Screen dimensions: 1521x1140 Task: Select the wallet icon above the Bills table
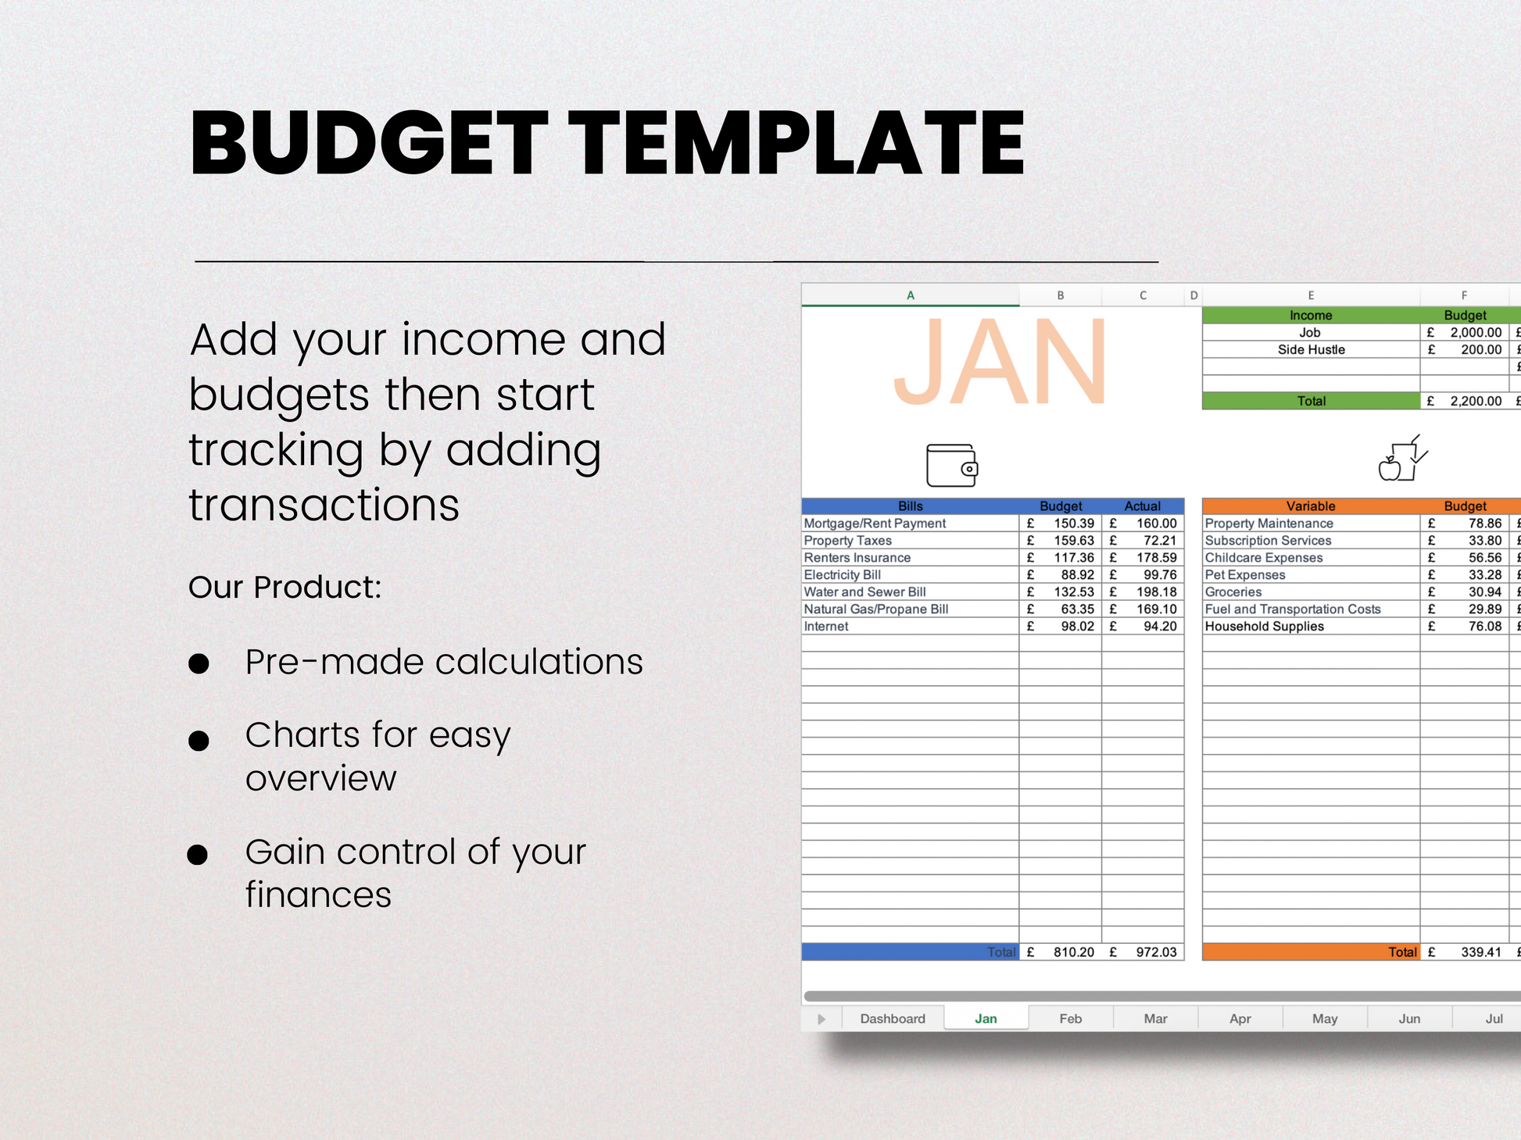pos(952,465)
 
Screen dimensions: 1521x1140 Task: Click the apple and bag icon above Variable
pos(1403,459)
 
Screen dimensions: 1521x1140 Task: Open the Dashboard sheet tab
pos(893,1018)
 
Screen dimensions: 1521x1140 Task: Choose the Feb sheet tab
pos(1070,1018)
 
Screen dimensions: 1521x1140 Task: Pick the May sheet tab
pos(1325,1018)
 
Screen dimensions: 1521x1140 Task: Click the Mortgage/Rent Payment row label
pos(875,524)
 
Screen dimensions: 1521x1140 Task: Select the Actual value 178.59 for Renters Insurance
pos(1157,558)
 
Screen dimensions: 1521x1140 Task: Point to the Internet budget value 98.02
pos(1078,627)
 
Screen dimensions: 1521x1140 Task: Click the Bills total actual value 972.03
pos(1157,952)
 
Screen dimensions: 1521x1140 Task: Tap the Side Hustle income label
pos(1312,350)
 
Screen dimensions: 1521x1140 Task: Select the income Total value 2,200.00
pos(1476,402)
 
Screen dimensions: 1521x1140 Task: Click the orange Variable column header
pos(1311,506)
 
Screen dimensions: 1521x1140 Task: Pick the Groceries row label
pos(1233,592)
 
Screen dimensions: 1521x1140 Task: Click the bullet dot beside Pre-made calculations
pos(199,664)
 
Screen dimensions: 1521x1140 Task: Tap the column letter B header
pos(1061,295)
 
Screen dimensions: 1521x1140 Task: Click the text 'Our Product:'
pos(285,588)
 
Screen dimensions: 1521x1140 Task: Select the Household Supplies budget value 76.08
pos(1485,627)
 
